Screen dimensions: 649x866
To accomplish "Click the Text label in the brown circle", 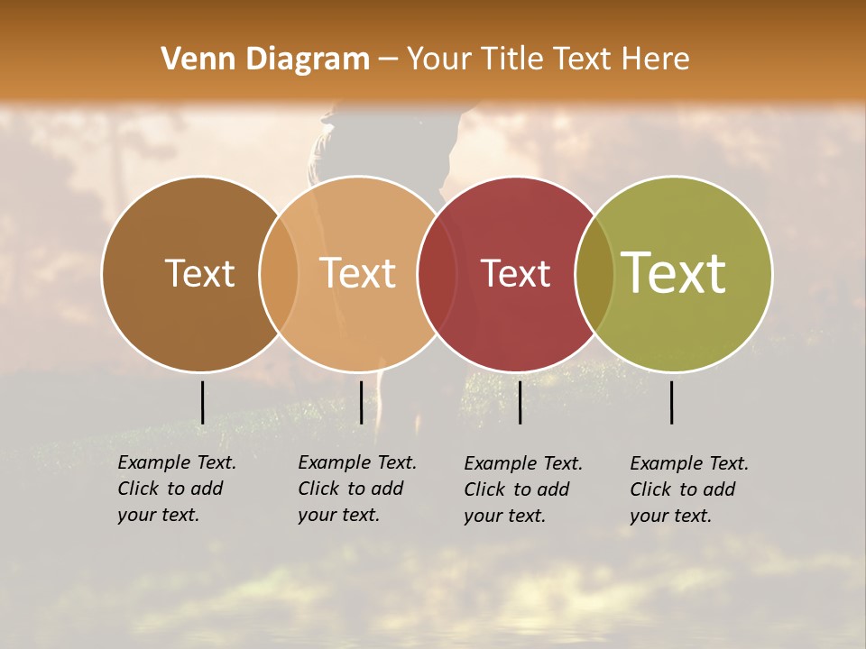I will [199, 273].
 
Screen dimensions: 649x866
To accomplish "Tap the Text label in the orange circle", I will [358, 273].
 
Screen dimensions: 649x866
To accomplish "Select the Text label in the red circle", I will [515, 273].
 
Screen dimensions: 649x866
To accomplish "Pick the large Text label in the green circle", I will [674, 272].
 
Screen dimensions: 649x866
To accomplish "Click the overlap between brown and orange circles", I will [279, 273].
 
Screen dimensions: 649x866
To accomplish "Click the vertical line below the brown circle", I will [202, 402].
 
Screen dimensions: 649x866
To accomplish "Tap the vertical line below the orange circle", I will [361, 402].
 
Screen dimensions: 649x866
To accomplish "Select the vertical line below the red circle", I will [520, 402].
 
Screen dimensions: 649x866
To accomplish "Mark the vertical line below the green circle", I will [672, 402].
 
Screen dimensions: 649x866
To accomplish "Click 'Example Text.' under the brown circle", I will [177, 462].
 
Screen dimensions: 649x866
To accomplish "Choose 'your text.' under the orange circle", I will [338, 515].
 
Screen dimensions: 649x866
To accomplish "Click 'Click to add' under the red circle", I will [517, 489].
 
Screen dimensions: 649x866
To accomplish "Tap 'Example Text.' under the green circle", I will [689, 463].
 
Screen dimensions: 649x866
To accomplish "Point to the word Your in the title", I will [440, 59].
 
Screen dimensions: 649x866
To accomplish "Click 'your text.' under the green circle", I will [670, 516].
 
